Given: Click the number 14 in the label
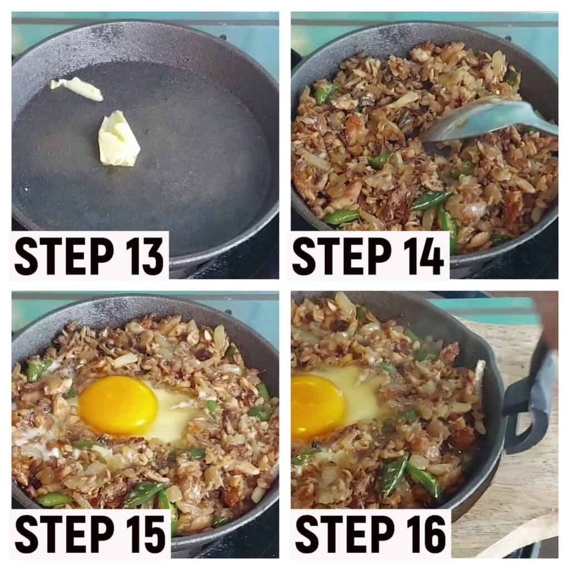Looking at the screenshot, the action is [422, 255].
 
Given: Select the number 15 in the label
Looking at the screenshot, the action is [143, 533].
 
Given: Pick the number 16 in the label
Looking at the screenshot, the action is [424, 533].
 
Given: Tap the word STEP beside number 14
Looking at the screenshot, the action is [343, 255].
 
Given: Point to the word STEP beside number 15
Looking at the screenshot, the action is [64, 533].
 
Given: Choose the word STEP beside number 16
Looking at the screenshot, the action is [345, 533].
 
